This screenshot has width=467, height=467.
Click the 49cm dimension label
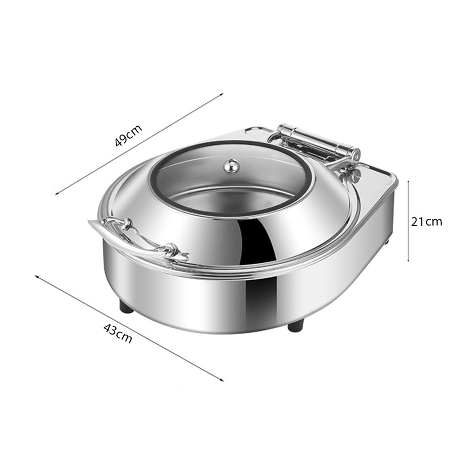(128, 135)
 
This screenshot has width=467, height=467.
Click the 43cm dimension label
(118, 333)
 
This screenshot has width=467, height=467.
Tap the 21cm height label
(426, 222)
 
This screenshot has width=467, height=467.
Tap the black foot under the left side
(127, 308)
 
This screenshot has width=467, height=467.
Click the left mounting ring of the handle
(126, 224)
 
